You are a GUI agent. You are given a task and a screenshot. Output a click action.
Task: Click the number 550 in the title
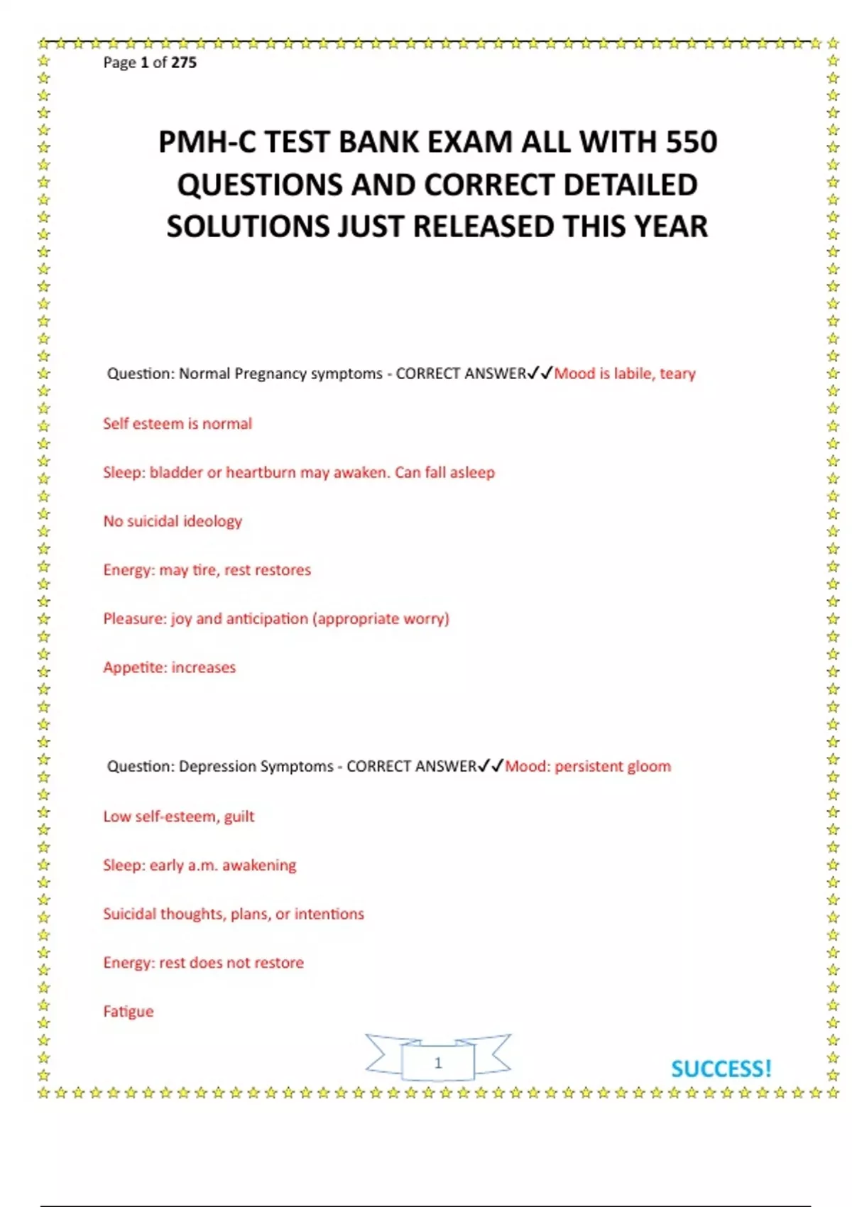(x=691, y=142)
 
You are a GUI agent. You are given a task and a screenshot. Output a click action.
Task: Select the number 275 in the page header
(x=184, y=62)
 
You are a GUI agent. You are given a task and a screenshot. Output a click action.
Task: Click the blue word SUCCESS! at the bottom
(x=721, y=1069)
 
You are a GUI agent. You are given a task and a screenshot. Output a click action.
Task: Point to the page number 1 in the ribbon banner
(x=438, y=1063)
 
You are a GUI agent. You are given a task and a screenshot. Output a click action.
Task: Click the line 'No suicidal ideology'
(x=173, y=521)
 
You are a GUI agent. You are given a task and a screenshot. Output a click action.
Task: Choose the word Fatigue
(x=128, y=1011)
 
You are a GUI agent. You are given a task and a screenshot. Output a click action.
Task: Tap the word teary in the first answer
(x=677, y=373)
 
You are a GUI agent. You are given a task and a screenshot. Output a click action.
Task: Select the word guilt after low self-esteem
(x=239, y=816)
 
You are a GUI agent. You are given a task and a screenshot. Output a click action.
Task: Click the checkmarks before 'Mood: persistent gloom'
(x=491, y=765)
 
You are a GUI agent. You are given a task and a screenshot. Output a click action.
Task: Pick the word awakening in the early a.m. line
(x=259, y=865)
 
